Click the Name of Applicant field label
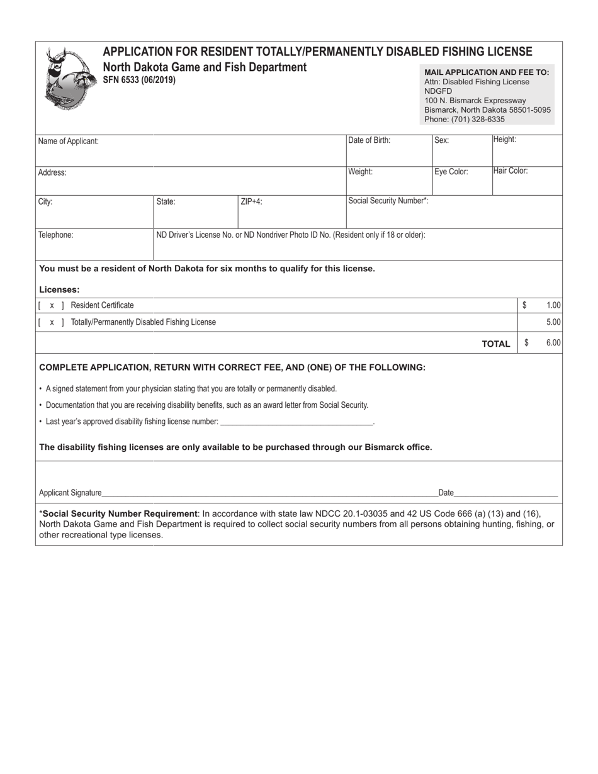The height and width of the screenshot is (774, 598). point(68,142)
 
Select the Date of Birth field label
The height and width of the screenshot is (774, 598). point(369,140)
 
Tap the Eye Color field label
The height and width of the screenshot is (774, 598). point(451,172)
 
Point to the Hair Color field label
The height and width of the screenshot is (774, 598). point(511,171)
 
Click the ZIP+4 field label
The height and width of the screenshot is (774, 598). point(251,202)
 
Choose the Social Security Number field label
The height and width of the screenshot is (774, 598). point(388,201)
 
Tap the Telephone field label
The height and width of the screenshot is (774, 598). point(55,235)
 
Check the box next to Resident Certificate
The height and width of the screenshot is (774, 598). point(52,306)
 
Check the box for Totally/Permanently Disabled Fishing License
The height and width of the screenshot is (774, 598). point(52,322)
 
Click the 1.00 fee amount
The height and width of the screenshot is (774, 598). point(553,305)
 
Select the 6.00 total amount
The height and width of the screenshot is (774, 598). point(553,343)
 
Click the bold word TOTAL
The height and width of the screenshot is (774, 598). point(495,344)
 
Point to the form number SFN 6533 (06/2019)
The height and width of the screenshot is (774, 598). point(139,80)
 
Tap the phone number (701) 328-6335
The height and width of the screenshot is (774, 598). point(477,119)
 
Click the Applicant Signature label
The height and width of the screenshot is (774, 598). point(70,493)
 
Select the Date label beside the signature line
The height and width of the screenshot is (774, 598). point(446,493)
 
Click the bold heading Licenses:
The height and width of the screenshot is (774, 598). point(59,289)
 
